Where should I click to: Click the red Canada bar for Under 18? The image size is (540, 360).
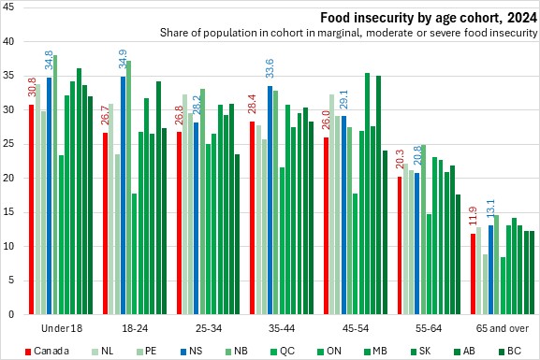coord(31,209)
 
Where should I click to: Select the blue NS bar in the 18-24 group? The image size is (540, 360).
coord(123,195)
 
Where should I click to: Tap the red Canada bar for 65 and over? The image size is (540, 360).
coord(474,274)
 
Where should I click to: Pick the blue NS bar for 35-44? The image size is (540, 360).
coord(270,200)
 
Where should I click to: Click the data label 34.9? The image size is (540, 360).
coord(123,59)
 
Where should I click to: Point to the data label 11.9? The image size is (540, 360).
coord(473,216)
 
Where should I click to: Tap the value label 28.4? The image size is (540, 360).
coord(252,104)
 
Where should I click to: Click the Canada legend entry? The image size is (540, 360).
coord(47,351)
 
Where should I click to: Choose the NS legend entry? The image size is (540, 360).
coord(192,351)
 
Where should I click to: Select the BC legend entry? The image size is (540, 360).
coord(510,351)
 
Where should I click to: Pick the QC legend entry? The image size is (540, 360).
coord(283,351)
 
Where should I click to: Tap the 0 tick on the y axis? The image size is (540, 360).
coord(11,314)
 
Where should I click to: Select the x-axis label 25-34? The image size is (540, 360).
coord(209,328)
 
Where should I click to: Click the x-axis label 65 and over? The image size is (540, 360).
coord(503,328)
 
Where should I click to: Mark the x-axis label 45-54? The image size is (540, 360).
coord(356,328)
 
